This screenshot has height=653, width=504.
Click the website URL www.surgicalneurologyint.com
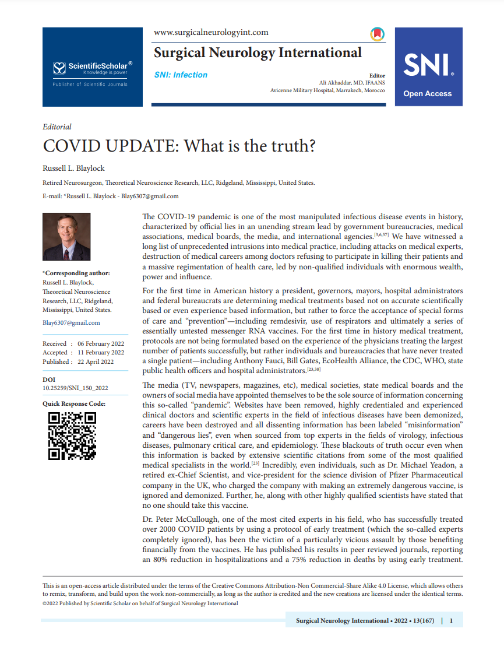pos(210,33)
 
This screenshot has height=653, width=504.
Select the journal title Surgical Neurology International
pos(258,53)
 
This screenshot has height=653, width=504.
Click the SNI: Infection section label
pos(181,75)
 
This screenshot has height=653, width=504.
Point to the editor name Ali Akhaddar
pos(341,83)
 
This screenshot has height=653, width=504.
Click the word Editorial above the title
pos(57,127)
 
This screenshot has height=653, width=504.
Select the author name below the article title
pos(73,168)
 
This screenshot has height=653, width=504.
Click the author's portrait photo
pos(66,237)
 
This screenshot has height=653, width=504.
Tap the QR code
pos(72,436)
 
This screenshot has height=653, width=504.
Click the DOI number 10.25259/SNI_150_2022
pos(75,388)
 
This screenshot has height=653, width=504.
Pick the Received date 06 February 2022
pos(101,344)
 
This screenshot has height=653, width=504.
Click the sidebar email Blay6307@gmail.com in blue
pos(71,322)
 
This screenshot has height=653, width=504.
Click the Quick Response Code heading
pos(73,403)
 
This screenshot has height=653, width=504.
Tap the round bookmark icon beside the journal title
pos(377,34)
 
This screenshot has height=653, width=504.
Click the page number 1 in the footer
pos(451,621)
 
